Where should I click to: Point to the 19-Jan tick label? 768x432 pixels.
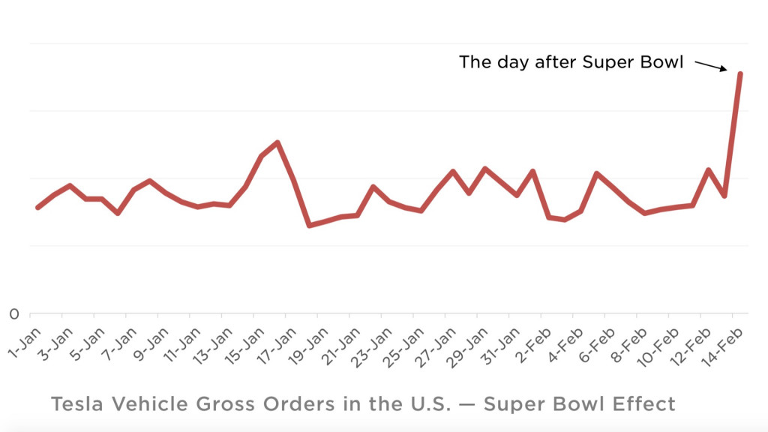coord(307,341)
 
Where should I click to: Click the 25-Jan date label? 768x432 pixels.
coord(403,341)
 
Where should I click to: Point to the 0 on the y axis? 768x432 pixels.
coord(14,313)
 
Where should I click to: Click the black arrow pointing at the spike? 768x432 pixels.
coord(710,66)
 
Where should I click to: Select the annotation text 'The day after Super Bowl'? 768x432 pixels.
coord(571,61)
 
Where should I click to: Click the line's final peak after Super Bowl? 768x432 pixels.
coord(740,73)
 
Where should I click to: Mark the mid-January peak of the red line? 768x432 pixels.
coord(277,142)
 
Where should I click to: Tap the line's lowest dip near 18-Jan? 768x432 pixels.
coord(309,225)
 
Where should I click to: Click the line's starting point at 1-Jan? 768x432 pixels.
coord(37,207)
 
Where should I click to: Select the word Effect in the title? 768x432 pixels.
coord(644,404)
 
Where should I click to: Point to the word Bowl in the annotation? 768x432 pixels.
coord(660,61)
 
